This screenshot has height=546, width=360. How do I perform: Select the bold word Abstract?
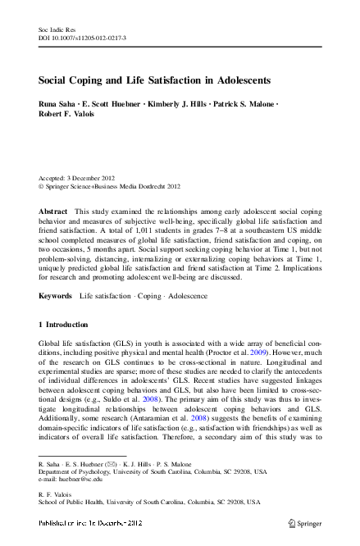click(x=53, y=212)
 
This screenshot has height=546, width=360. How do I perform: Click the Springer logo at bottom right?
click(x=303, y=521)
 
